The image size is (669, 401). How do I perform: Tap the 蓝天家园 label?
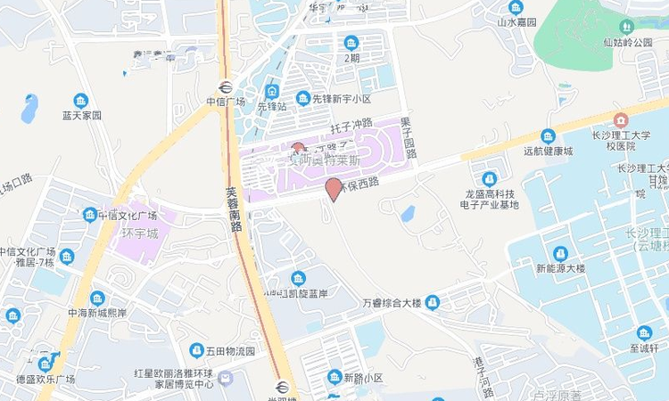point(82,115)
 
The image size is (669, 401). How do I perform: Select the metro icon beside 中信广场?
point(224,87)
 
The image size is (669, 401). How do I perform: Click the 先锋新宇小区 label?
point(340,99)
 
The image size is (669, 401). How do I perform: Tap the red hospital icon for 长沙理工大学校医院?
point(621,119)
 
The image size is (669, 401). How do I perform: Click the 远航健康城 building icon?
point(548,136)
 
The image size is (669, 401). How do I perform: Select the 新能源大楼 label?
point(559,267)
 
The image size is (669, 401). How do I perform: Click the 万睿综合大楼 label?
point(391,304)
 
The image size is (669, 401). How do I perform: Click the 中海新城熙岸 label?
point(97,314)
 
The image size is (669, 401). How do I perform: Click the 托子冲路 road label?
point(351,123)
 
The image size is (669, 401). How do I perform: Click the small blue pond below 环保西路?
point(407,214)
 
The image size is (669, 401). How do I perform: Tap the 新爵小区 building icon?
point(334,378)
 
